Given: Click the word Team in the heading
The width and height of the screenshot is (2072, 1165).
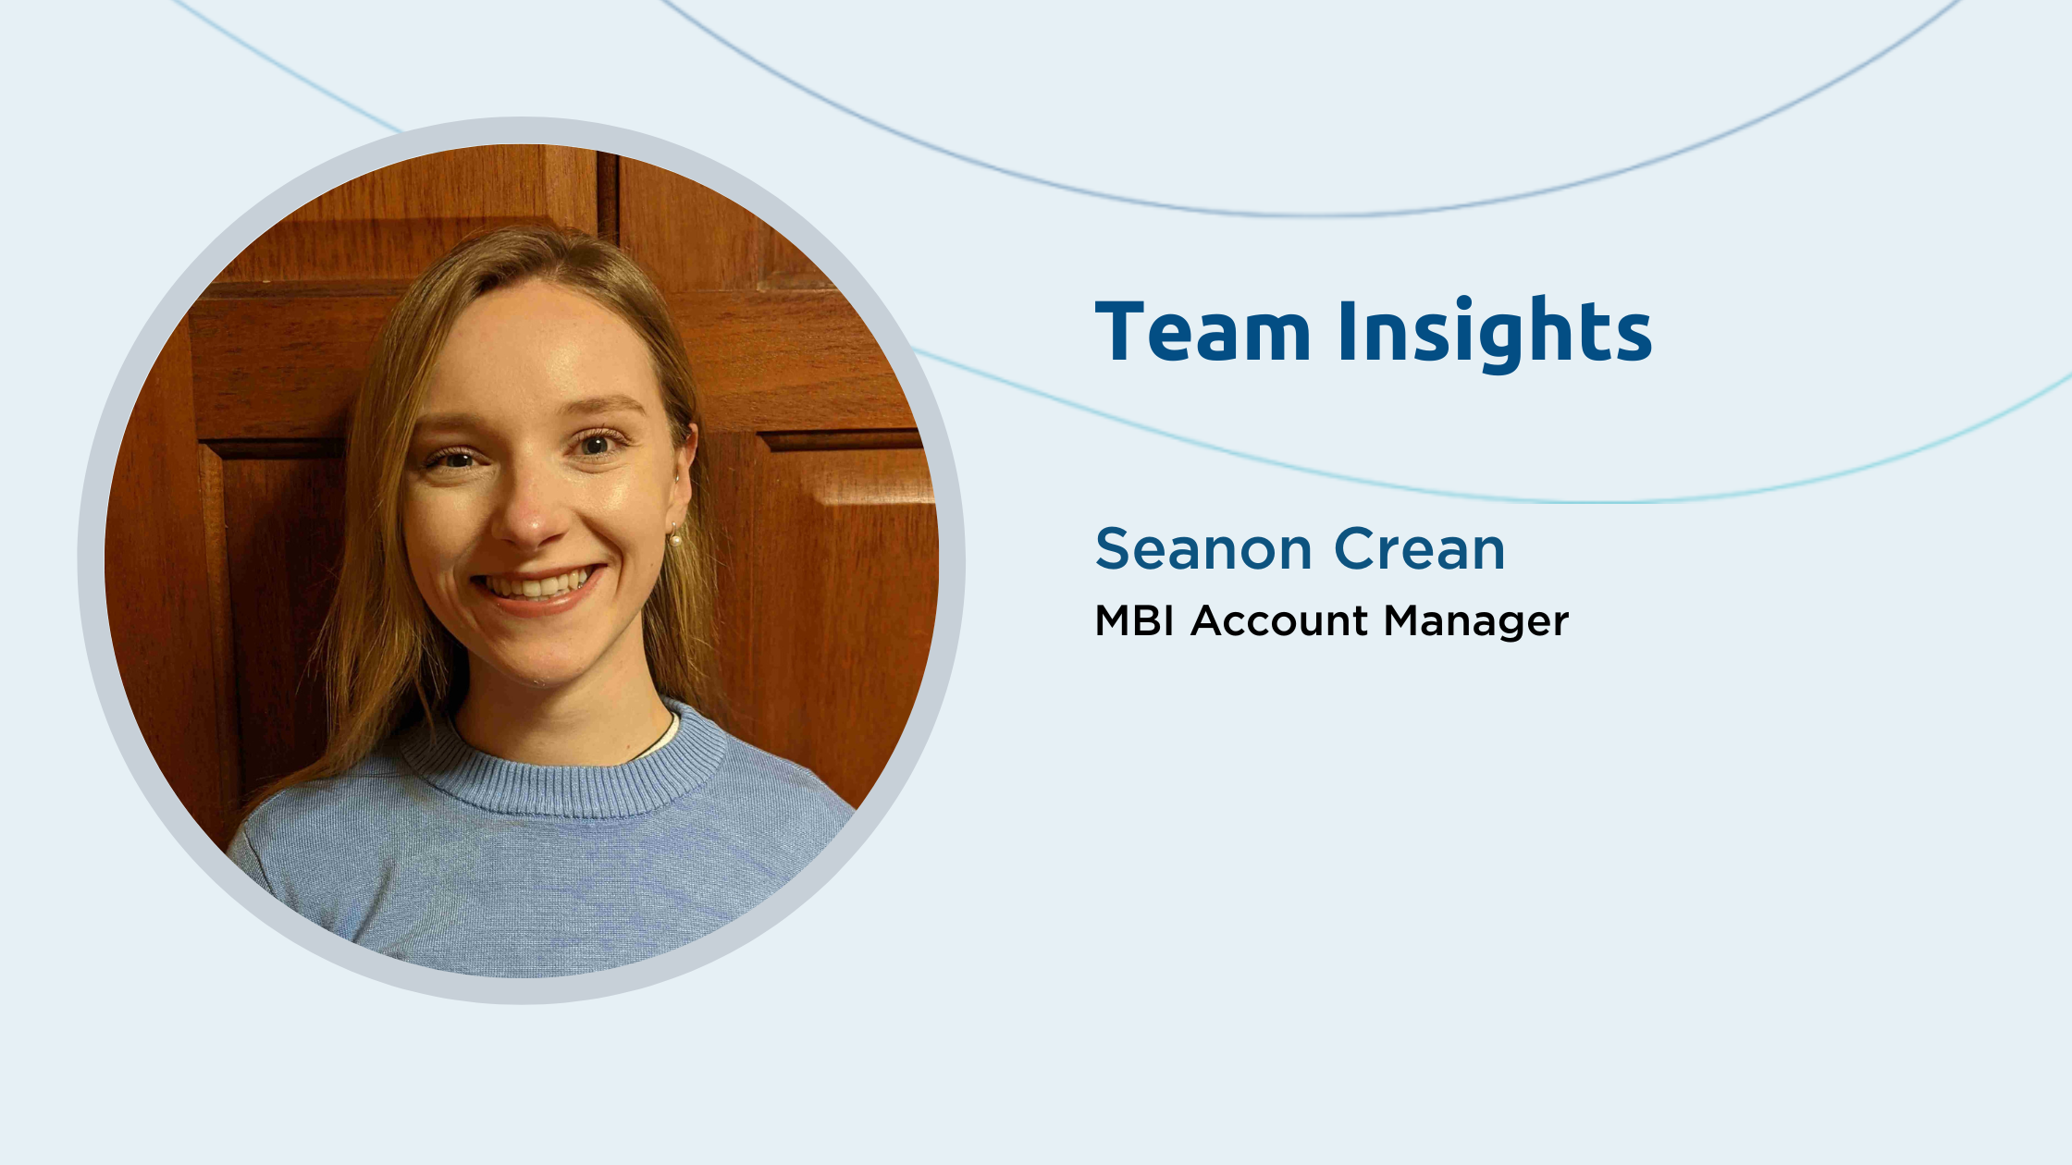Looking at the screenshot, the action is point(1202,330).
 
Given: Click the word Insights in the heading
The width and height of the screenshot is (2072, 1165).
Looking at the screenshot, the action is point(1495,334).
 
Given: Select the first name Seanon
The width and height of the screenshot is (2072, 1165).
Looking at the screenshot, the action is point(1202,549).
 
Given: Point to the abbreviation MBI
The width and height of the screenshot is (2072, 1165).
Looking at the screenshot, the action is point(1135,620).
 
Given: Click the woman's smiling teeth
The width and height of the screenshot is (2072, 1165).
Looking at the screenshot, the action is point(537,584).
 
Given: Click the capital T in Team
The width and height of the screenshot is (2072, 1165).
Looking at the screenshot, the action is point(1123,330).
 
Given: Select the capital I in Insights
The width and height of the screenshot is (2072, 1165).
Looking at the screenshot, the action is point(1347,330).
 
